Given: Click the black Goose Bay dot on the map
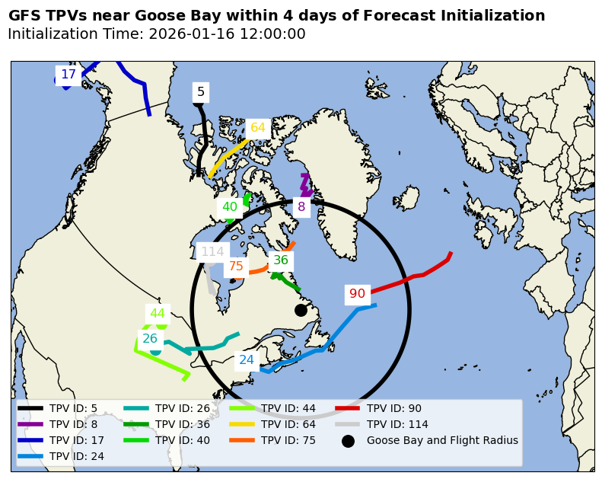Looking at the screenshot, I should click(301, 310).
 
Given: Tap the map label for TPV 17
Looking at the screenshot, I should click(68, 75).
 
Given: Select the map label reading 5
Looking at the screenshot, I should click(201, 92).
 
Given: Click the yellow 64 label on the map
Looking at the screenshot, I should click(258, 128).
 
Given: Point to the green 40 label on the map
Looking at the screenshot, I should click(230, 207).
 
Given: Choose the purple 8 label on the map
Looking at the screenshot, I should click(301, 207).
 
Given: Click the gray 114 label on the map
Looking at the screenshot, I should click(212, 252).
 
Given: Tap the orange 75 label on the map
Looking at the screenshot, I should click(236, 267).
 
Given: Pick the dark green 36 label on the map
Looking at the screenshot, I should click(281, 260).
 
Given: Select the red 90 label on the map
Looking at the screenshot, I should click(357, 294).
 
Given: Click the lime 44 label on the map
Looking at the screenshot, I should click(158, 314).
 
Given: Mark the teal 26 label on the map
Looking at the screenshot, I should click(150, 339).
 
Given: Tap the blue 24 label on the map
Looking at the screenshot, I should click(247, 360).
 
